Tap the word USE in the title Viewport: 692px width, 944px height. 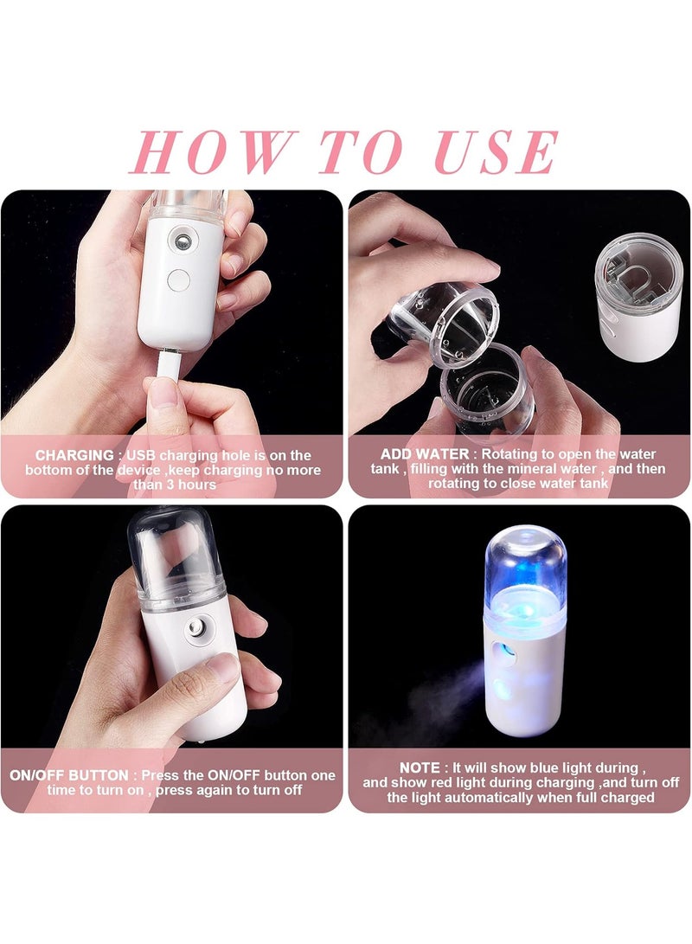495,152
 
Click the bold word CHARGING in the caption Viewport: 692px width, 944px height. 74,455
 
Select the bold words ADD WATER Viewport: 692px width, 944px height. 426,454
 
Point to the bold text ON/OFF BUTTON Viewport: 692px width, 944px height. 80,775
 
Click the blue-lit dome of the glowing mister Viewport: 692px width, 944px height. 524,563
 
